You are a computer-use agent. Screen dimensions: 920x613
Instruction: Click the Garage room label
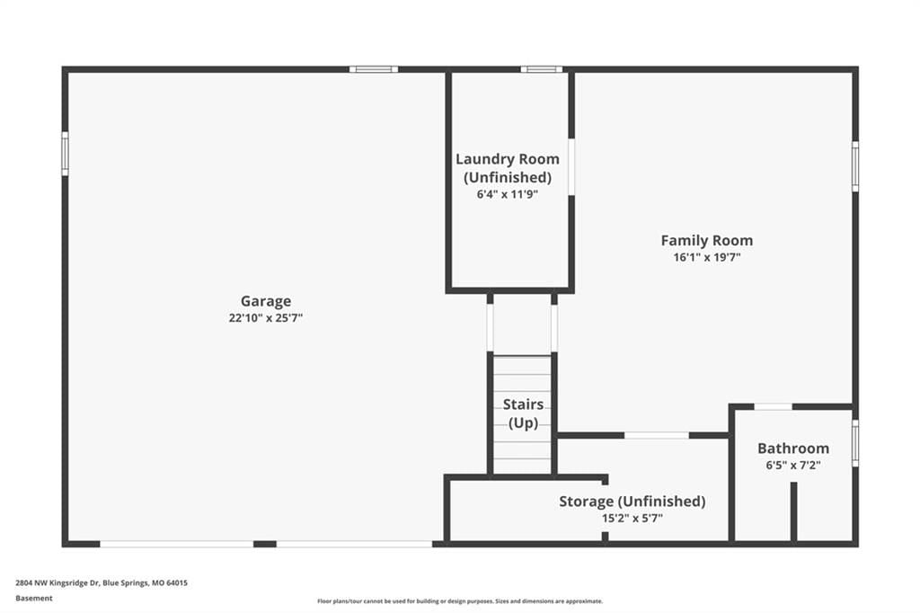point(266,301)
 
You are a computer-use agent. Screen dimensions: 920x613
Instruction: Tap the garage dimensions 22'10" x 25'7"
point(266,318)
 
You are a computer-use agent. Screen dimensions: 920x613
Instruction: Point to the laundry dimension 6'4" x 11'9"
point(508,194)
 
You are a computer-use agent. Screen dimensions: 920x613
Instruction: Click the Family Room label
point(707,240)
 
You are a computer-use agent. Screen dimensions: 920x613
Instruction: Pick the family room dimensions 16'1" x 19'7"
point(707,257)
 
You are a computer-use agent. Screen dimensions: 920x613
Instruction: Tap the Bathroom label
point(793,449)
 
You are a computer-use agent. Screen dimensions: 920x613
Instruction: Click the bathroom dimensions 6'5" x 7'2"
point(793,466)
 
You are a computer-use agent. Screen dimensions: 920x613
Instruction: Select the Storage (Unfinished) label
point(632,502)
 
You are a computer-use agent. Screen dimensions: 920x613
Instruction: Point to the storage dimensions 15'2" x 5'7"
point(632,519)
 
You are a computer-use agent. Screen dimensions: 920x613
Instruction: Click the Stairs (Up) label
point(524,413)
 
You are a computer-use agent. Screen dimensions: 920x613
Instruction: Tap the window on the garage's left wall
point(65,153)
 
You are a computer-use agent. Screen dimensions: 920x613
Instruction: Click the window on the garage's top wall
point(374,69)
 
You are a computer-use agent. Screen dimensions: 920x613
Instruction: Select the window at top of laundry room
point(542,69)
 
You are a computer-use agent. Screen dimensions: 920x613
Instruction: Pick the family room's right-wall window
point(855,166)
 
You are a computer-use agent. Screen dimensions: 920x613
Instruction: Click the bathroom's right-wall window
point(855,443)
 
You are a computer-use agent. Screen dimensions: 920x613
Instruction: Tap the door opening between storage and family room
point(657,435)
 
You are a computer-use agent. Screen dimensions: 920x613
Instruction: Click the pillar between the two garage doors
point(265,545)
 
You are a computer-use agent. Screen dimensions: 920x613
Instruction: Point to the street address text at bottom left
point(102,583)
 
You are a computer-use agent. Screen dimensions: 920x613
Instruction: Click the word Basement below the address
point(34,599)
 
